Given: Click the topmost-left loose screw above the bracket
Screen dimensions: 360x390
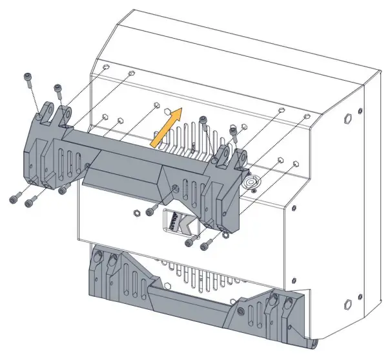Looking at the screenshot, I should pos(28,78).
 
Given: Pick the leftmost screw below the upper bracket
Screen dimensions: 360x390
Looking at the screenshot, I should pos(14,199).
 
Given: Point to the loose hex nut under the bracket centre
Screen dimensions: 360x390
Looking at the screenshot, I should pos(136,210).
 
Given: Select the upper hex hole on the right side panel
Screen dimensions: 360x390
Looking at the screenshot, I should pos(348,118).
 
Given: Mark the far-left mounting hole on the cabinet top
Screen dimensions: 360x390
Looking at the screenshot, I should pos(104,66).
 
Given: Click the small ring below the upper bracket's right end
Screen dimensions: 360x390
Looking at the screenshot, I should pos(224,234).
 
